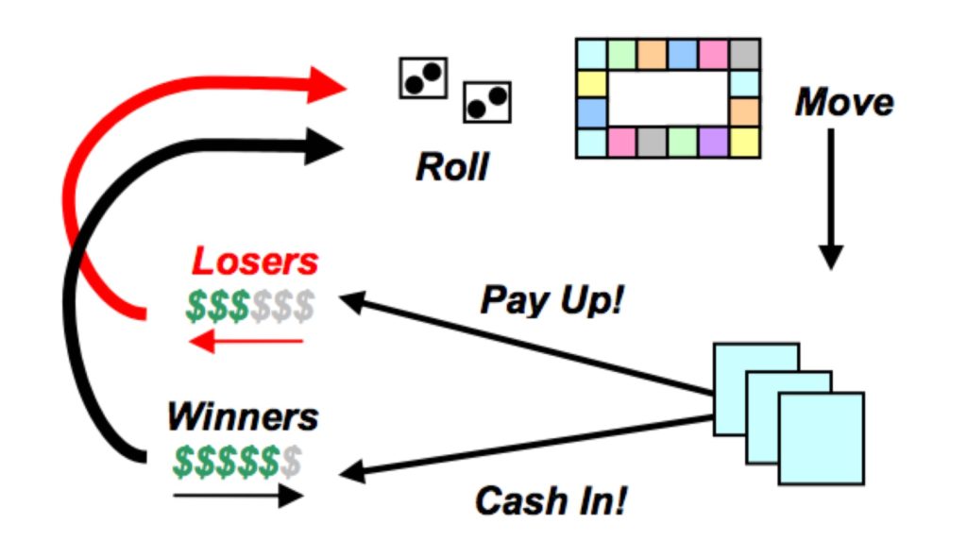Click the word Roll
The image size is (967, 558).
452,167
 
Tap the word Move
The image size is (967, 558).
843,102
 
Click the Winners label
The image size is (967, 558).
243,416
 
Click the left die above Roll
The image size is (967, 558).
422,78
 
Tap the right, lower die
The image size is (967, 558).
486,101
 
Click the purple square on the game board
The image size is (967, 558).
713,142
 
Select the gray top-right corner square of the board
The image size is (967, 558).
744,54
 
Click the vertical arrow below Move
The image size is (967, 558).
830,198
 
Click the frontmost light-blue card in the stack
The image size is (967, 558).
821,438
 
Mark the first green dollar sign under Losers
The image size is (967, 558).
196,306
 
